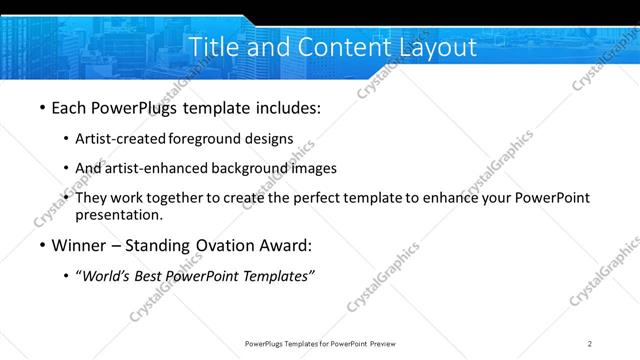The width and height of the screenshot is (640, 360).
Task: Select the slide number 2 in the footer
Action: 590,344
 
